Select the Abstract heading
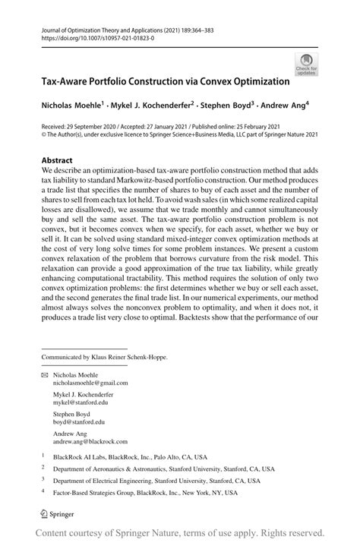point(58,161)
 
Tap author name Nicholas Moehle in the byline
point(71,101)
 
